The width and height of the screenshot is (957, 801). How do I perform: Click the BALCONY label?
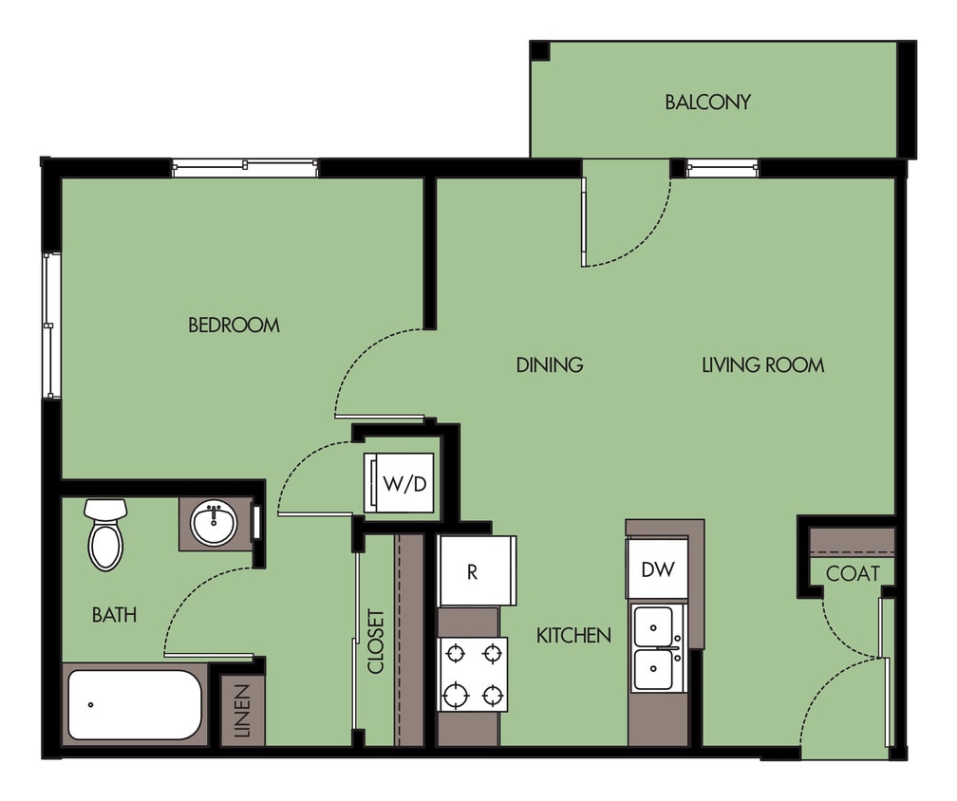point(707,102)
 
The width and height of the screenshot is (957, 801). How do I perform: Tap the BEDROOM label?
point(234,326)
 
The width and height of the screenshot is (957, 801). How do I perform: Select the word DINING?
point(549,364)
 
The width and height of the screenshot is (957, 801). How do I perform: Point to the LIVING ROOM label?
point(762,364)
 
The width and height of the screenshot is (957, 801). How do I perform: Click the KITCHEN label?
point(573,635)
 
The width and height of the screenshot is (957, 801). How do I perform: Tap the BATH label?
point(114,615)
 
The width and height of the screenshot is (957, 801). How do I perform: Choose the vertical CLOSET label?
point(376,642)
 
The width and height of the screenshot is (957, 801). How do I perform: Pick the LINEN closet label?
point(241,712)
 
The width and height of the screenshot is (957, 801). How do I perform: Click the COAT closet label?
point(852,573)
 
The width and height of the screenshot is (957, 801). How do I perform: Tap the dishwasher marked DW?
point(657,569)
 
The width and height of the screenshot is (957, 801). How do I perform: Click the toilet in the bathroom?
point(105,535)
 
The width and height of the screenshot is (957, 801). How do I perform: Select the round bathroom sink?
point(215,523)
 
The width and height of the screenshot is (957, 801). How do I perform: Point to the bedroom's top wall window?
point(245,167)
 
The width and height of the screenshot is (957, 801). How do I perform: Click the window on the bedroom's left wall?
point(51,325)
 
